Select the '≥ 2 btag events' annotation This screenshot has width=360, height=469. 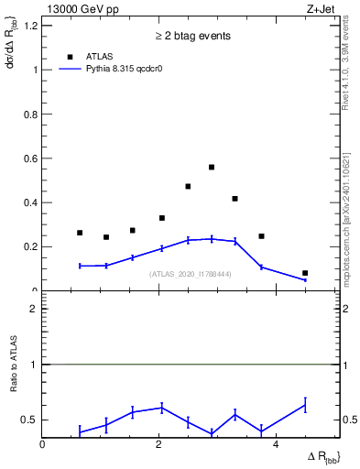[191, 37]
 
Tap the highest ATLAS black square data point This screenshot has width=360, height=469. [212, 168]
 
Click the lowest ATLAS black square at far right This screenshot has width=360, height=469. [305, 273]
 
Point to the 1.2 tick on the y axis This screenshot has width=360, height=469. [30, 26]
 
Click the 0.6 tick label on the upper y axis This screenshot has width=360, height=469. [30, 158]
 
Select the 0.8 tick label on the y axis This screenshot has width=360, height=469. [30, 115]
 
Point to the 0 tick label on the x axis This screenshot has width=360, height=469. [43, 444]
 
